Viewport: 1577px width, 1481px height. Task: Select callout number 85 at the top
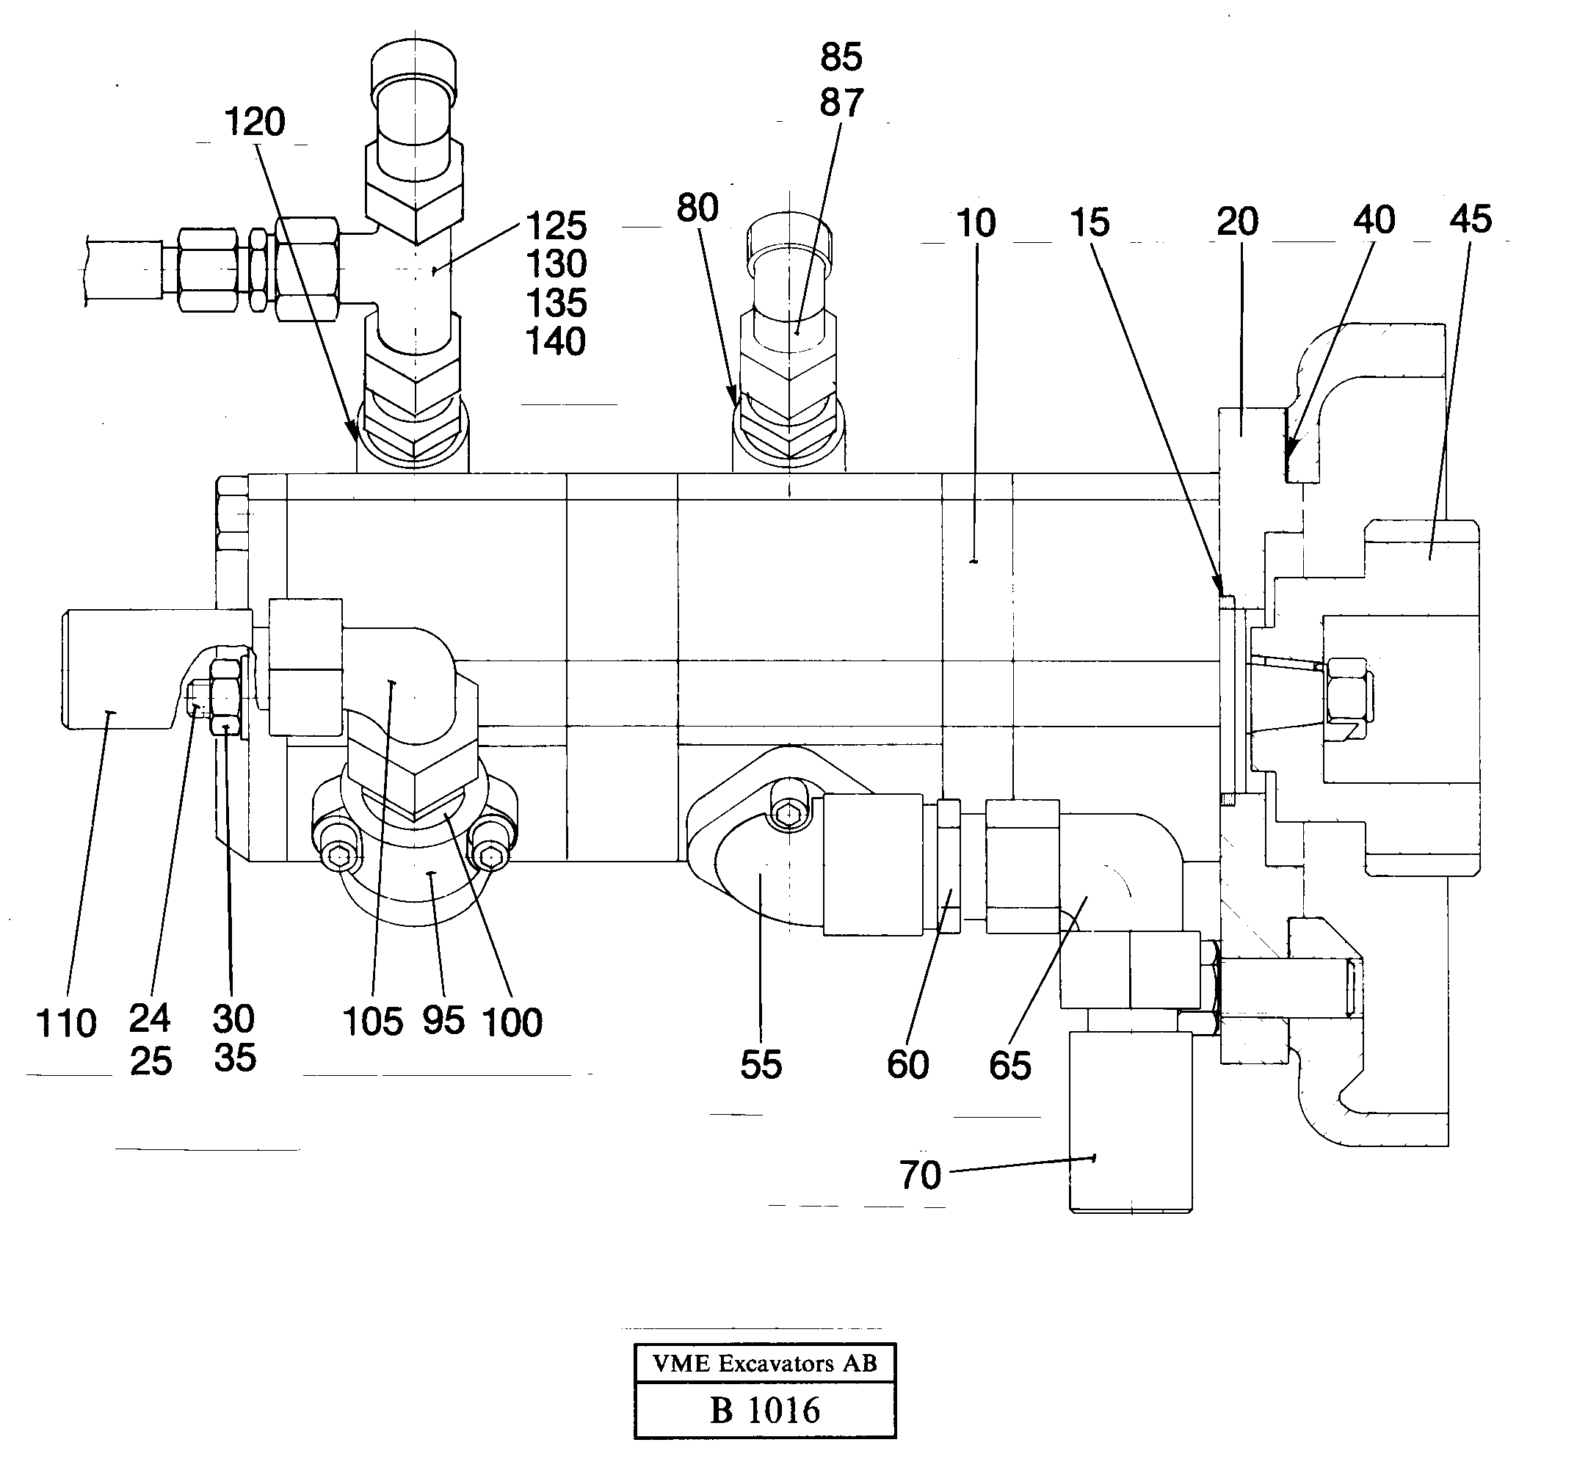click(841, 58)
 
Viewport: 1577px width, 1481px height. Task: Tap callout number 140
click(555, 343)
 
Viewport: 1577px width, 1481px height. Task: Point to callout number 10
click(976, 225)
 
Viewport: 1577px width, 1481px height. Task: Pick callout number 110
click(67, 1024)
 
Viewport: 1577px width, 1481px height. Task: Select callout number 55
click(761, 1065)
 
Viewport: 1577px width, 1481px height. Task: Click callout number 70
click(920, 1175)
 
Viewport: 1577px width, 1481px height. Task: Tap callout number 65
click(1009, 1066)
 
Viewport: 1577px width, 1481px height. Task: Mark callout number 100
click(512, 1023)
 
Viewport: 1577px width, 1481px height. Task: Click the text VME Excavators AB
click(765, 1364)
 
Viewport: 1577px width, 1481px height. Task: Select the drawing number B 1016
click(765, 1411)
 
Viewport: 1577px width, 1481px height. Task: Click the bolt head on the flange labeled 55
click(789, 813)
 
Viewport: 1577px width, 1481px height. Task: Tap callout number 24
click(149, 1019)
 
